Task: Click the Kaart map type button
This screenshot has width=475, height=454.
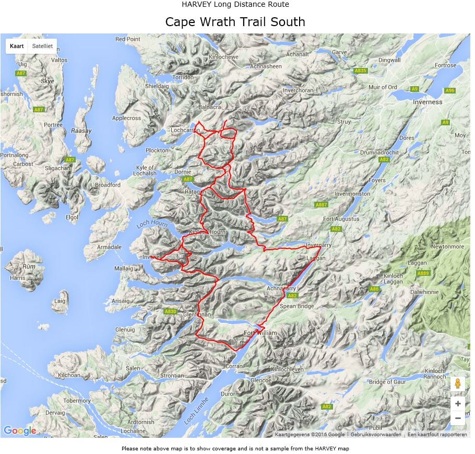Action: (x=17, y=46)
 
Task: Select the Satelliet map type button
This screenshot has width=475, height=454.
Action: (x=42, y=46)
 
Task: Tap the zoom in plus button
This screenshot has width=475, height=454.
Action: (x=457, y=403)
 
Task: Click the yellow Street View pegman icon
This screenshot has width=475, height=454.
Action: (x=457, y=383)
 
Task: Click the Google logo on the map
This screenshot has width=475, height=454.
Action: (x=20, y=430)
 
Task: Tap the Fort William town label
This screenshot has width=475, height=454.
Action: (x=260, y=333)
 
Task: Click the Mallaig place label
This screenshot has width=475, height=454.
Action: (x=124, y=269)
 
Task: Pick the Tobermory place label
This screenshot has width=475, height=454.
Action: (x=63, y=401)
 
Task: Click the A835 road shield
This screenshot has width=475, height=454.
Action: (x=360, y=71)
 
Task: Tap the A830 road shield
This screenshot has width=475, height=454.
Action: (x=170, y=311)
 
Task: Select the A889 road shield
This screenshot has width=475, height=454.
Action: (x=423, y=273)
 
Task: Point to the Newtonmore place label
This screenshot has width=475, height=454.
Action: (x=448, y=247)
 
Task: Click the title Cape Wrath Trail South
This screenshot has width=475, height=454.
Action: (x=235, y=22)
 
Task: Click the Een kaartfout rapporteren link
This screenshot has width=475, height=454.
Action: (x=437, y=435)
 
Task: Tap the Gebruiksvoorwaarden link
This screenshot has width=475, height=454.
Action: (x=376, y=435)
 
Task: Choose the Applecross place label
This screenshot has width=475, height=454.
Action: (x=126, y=118)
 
